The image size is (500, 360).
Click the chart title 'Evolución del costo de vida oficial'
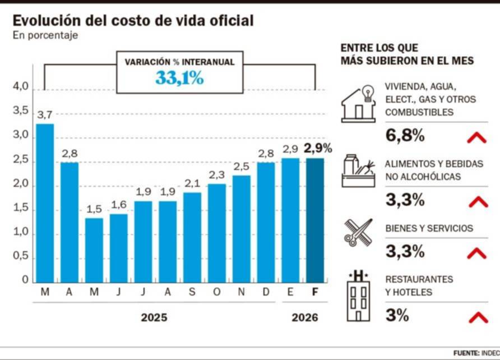click(133, 21)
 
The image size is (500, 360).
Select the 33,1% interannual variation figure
click(179, 79)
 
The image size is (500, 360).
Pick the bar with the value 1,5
click(94, 250)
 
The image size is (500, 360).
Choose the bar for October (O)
click(217, 233)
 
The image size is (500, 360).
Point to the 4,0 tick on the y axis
click(21, 87)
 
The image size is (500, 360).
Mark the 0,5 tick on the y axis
click(21, 256)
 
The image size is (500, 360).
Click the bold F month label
click(316, 293)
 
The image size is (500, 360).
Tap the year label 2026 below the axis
click(304, 317)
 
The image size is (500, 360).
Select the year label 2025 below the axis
click(154, 317)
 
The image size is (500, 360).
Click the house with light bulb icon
click(358, 103)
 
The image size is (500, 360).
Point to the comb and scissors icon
click(358, 232)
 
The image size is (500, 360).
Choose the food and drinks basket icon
click(358, 170)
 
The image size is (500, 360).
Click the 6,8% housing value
click(405, 136)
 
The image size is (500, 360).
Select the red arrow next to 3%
click(478, 317)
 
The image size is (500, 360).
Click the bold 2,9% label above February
click(318, 149)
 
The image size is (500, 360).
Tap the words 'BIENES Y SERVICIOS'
click(429, 228)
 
